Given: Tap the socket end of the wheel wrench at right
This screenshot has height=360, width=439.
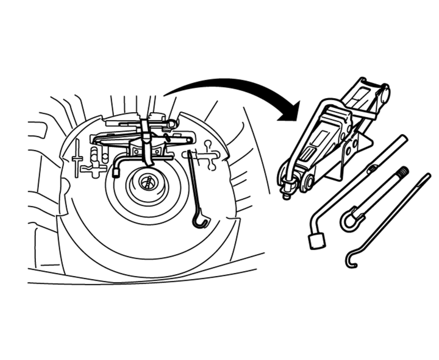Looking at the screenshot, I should (x=316, y=241).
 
